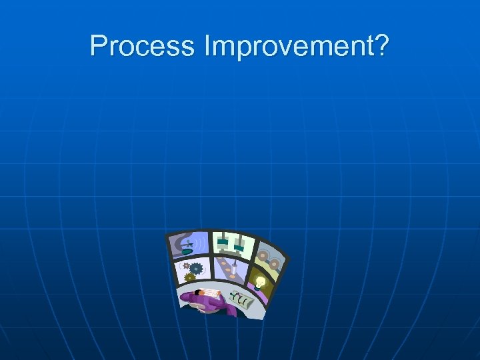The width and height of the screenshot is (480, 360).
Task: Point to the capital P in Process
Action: click(98, 46)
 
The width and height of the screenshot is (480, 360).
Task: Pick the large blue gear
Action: click(197, 269)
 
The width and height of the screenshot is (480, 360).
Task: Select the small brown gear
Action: click(186, 266)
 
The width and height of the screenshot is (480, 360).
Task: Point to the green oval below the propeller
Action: click(187, 252)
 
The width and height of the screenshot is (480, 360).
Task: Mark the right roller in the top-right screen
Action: click(274, 264)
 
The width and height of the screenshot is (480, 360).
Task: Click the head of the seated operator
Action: click(197, 293)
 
